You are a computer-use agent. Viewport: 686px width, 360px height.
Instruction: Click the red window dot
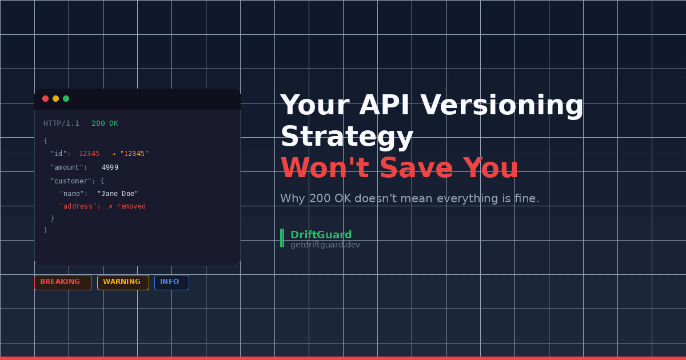tap(46, 99)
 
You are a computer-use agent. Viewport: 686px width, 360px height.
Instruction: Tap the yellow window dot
tap(55, 99)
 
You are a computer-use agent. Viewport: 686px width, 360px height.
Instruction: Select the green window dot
tap(66, 99)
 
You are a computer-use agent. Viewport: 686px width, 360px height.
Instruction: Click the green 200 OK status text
tap(105, 123)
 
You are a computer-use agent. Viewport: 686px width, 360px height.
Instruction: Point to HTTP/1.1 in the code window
tap(61, 123)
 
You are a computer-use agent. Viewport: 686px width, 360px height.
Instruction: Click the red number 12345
tap(89, 154)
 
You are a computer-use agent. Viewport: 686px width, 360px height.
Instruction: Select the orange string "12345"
tap(134, 154)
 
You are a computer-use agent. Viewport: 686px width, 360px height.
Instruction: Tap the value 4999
tap(110, 167)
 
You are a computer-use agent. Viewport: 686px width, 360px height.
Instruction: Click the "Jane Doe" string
tap(118, 194)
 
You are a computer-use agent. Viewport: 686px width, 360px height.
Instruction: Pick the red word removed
tap(131, 206)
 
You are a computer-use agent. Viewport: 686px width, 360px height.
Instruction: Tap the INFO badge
tap(171, 282)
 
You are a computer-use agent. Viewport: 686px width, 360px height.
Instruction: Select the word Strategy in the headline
tap(346, 137)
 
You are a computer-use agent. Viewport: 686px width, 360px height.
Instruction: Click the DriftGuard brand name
tap(321, 235)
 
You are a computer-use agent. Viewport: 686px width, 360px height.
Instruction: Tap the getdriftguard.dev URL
tap(325, 245)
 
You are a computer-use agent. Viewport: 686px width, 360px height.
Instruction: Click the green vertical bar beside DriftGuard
tap(282, 238)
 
